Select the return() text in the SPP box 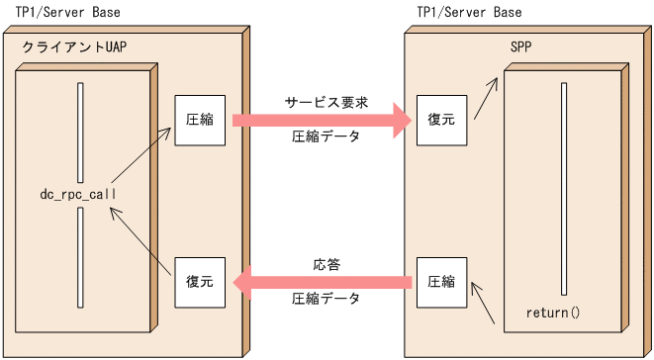point(551,314)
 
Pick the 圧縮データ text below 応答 point(326,299)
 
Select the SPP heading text point(519,46)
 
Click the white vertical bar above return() point(562,188)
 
